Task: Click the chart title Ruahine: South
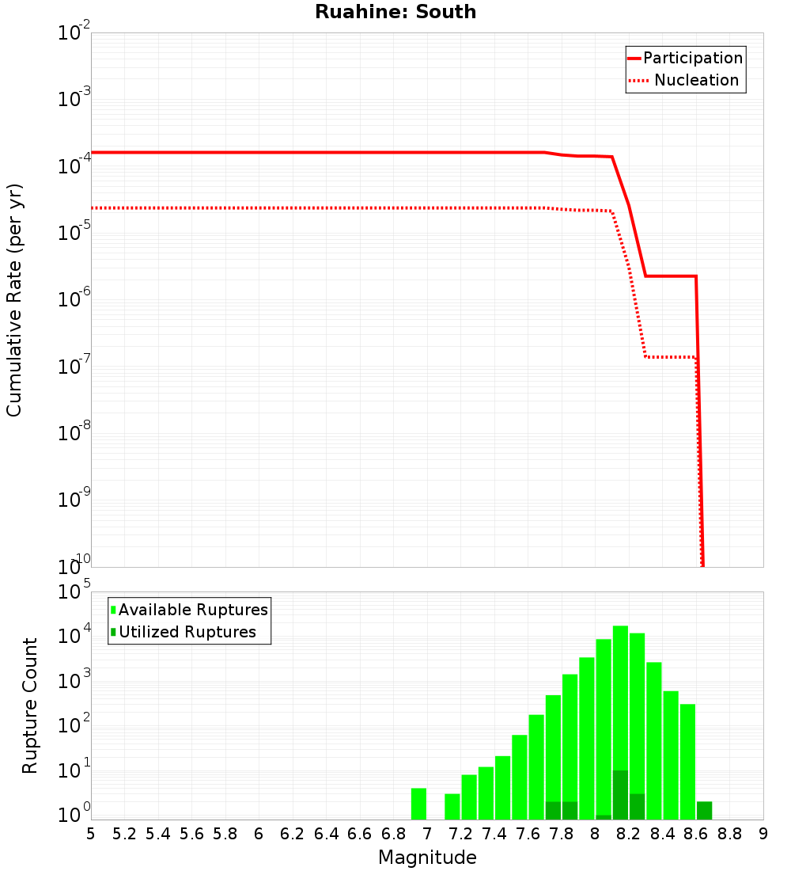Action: [395, 12]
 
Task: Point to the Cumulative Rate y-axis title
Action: [14, 299]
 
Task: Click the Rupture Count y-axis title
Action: [30, 705]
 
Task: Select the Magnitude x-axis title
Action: [427, 858]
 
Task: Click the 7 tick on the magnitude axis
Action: [427, 834]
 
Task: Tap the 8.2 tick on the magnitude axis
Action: [629, 834]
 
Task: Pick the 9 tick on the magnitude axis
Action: [763, 834]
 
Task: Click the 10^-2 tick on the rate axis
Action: [74, 33]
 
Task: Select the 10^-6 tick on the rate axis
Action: [74, 299]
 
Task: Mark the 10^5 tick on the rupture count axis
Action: [74, 592]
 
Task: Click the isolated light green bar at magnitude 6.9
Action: [418, 804]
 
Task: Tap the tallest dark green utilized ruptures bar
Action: [620, 795]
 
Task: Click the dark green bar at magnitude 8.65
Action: [704, 811]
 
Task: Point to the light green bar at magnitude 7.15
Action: [452, 806]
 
